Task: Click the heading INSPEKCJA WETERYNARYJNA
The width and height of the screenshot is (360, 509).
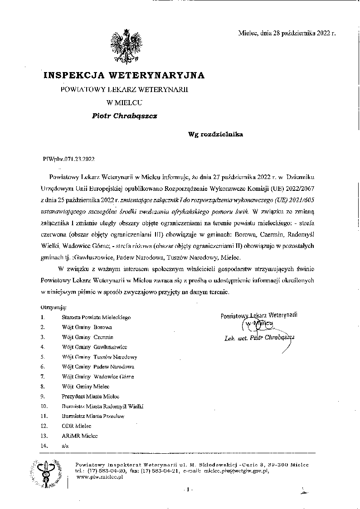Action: coord(124,75)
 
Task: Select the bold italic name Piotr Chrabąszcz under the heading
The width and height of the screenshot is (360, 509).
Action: coord(125,116)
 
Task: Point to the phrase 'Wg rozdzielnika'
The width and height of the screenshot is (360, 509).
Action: coord(216,134)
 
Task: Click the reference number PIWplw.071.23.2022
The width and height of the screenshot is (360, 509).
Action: coord(68,159)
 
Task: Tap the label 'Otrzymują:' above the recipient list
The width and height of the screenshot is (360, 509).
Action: coord(54,307)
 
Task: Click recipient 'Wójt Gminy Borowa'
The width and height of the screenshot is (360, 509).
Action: coord(87,327)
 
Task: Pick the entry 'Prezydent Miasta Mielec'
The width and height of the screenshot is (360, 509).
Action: coord(88,397)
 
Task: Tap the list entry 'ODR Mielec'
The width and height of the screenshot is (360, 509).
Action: coord(77,427)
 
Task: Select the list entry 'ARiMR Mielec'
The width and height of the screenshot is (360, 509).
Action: coord(79,436)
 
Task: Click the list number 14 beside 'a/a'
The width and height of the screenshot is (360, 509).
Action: coord(44,446)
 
